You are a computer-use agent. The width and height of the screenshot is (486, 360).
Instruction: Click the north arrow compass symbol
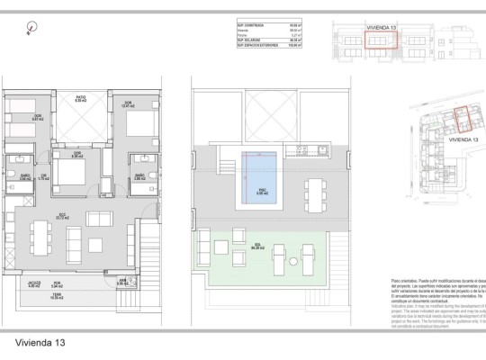(x=32, y=27)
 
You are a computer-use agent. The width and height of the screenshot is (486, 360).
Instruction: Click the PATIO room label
(x=79, y=101)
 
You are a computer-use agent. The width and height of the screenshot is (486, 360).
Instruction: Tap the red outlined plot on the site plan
(x=463, y=120)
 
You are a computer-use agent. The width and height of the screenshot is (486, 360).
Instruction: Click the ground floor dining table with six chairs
(x=41, y=237)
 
